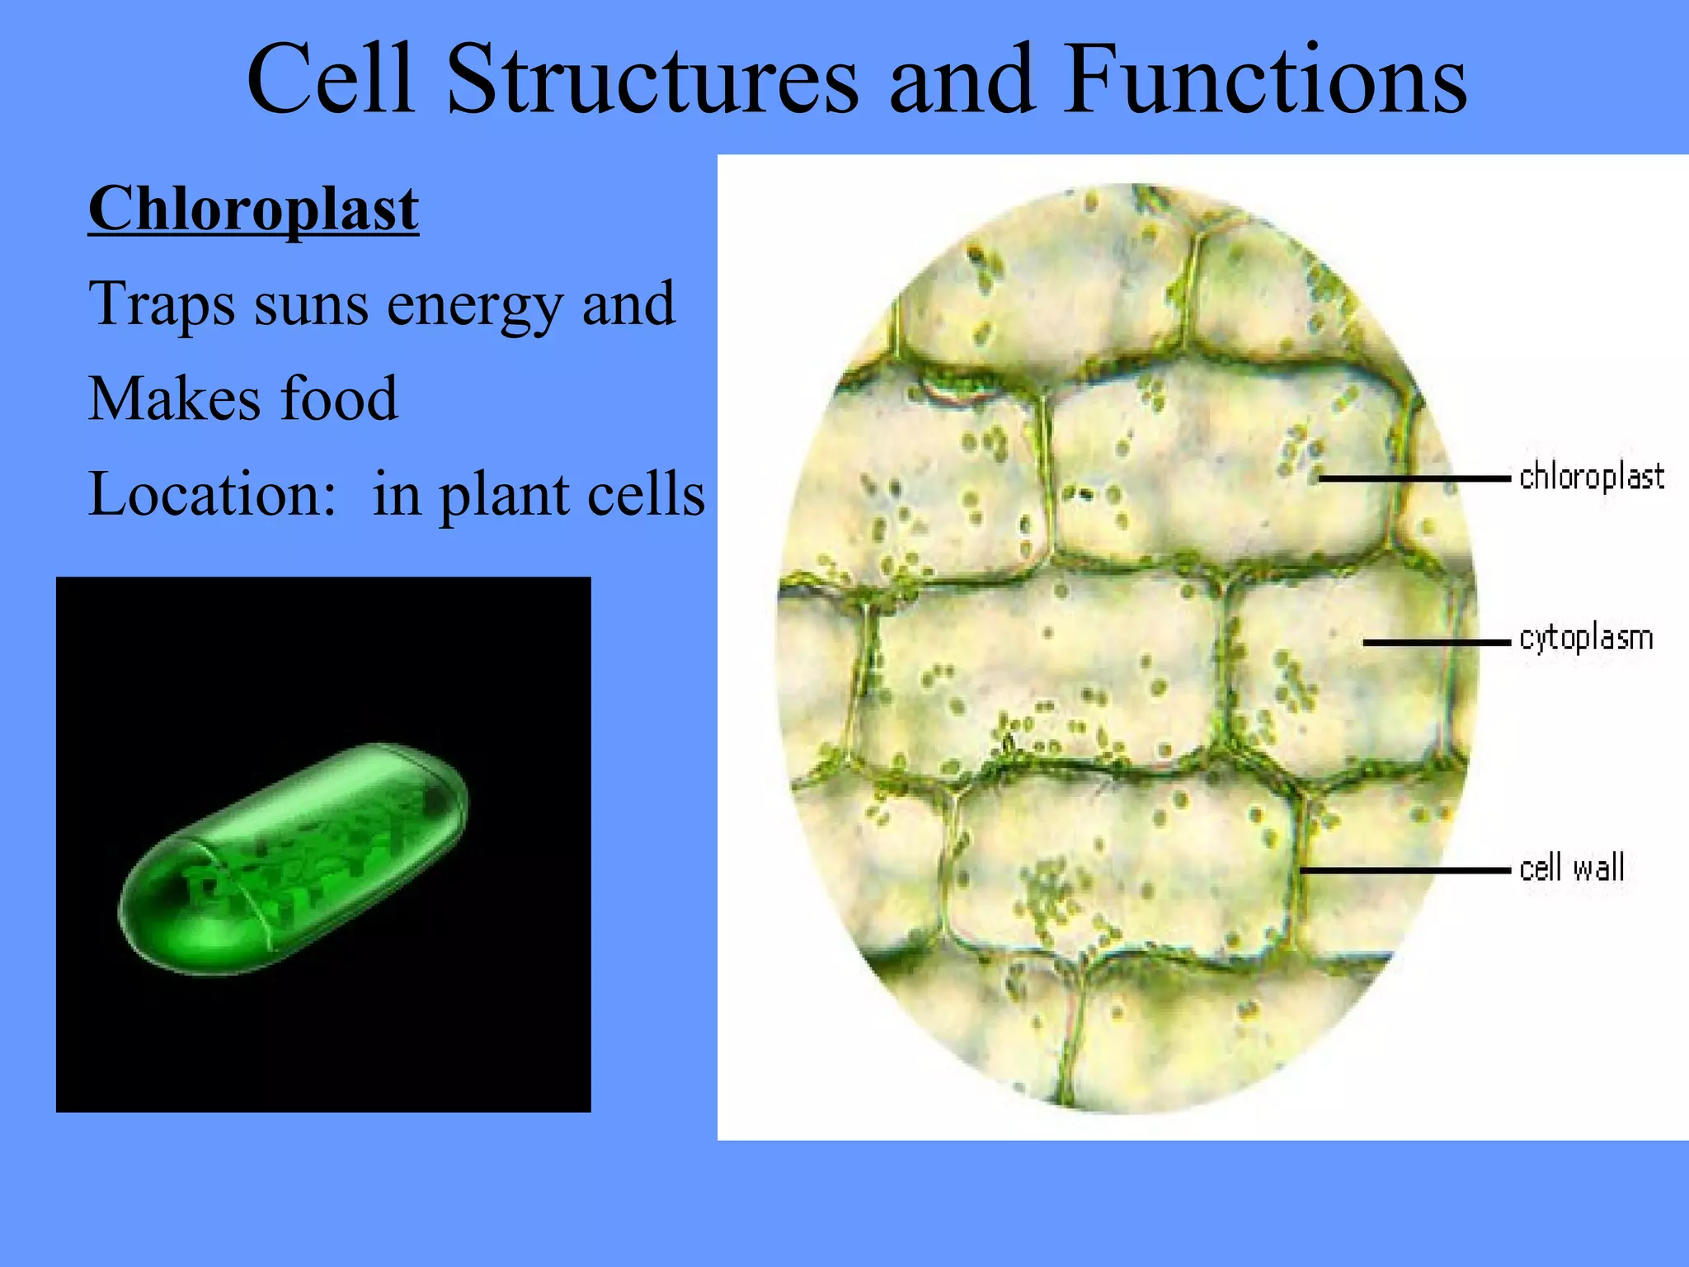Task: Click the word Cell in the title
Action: [x=330, y=80]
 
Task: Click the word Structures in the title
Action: [x=652, y=80]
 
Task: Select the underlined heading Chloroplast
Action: [x=253, y=210]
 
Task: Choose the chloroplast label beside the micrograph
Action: [x=1592, y=477]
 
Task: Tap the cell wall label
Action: [x=1572, y=868]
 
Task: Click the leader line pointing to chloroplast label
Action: [x=1414, y=478]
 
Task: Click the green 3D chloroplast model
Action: [x=293, y=858]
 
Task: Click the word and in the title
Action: [x=961, y=80]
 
